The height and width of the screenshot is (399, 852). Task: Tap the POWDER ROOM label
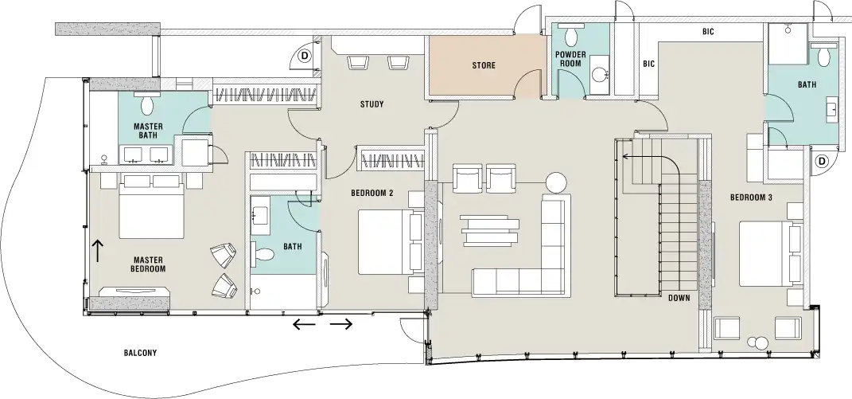[570, 59]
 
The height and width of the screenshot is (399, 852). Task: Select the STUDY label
[372, 104]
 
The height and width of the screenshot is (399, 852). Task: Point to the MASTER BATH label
[148, 131]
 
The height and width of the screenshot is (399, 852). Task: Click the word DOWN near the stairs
[679, 299]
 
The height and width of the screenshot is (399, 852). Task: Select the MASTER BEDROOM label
[149, 264]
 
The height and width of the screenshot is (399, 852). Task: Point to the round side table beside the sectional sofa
[555, 182]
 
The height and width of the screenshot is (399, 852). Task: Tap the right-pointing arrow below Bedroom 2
[341, 324]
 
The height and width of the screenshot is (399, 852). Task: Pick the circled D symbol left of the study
[305, 55]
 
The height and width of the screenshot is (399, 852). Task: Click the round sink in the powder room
[598, 76]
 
